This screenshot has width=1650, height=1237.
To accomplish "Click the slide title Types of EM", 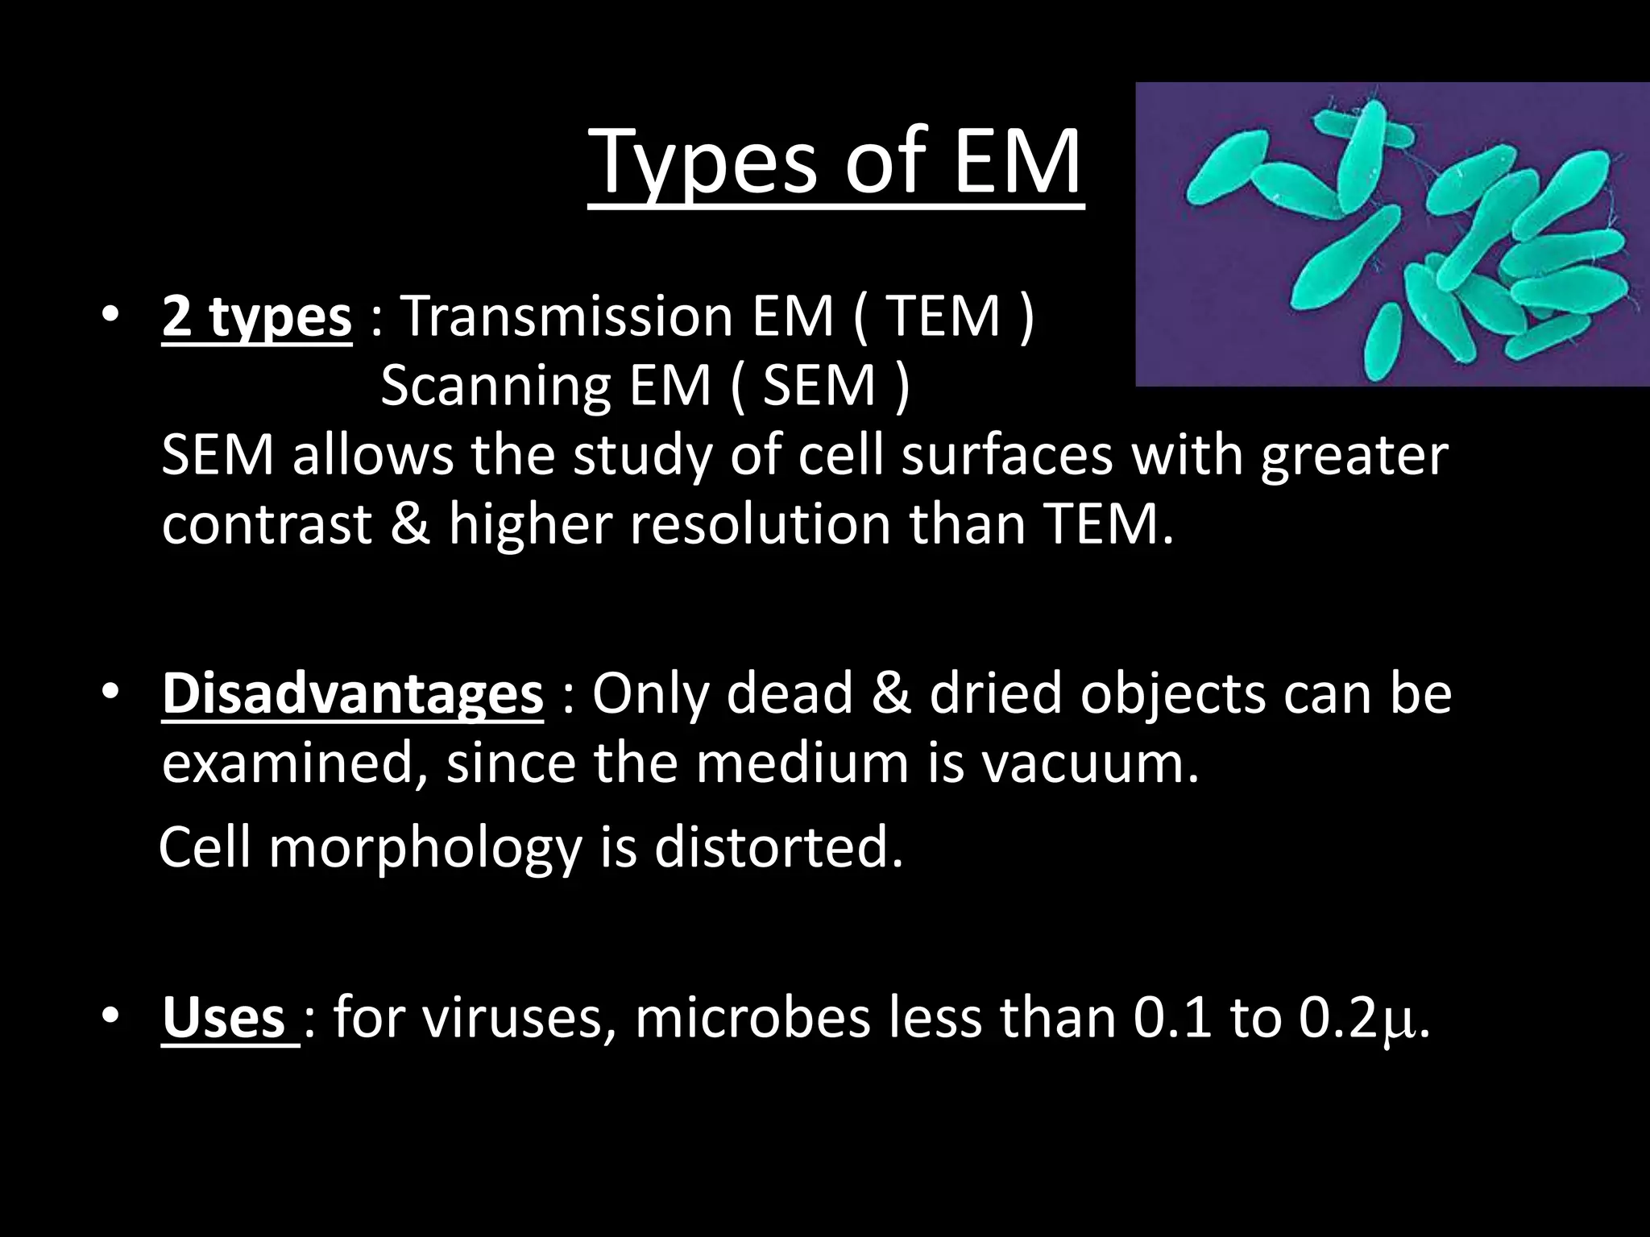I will [x=835, y=163].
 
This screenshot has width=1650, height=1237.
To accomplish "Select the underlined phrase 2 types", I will [x=256, y=317].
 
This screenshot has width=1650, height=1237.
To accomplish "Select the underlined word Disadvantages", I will [x=352, y=694].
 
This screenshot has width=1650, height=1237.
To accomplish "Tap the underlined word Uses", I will [x=223, y=1018].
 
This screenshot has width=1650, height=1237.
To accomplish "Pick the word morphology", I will [x=425, y=848].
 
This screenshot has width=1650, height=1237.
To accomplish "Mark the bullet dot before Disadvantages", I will [x=110, y=693].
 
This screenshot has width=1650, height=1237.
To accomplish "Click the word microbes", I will [x=753, y=1018].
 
